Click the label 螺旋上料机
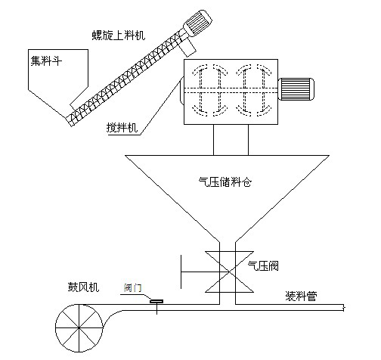point(119,36)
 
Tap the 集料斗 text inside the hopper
point(46,61)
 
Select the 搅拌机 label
point(122,128)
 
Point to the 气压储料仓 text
point(225,182)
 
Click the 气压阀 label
point(263,265)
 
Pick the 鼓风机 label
point(83,287)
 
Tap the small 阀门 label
point(132,287)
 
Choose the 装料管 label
point(301,296)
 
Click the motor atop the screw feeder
point(197,23)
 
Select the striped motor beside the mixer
point(296,89)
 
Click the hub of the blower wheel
point(79,327)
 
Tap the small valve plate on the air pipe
point(156,301)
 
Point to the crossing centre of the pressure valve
point(228,272)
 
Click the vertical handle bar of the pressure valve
point(181,272)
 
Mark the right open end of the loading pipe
point(344,308)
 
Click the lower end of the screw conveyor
point(69,121)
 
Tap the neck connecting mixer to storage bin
point(231,140)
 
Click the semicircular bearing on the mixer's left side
point(181,90)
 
